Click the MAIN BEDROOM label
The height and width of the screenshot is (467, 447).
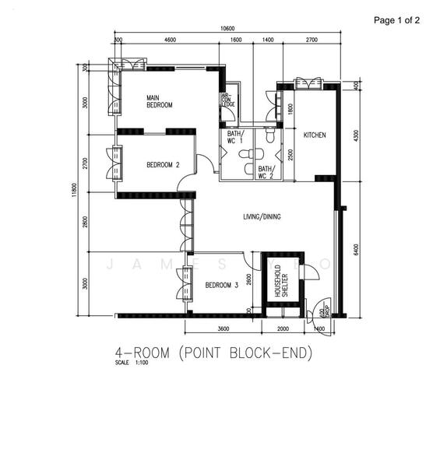pyautogui.click(x=159, y=100)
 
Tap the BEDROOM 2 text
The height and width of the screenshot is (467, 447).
pyautogui.click(x=163, y=165)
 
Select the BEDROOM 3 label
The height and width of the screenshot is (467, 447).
pyautogui.click(x=221, y=286)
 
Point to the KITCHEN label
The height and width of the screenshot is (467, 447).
pyautogui.click(x=315, y=135)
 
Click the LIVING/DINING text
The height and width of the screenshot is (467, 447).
pyautogui.click(x=262, y=216)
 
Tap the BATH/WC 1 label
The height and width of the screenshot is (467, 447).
pyautogui.click(x=235, y=138)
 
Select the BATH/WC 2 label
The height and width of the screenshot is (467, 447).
pyautogui.click(x=266, y=171)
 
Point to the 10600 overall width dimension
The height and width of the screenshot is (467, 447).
pyautogui.click(x=227, y=29)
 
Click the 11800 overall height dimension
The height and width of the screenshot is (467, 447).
pyautogui.click(x=73, y=190)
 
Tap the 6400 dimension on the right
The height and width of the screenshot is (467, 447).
pyautogui.click(x=355, y=249)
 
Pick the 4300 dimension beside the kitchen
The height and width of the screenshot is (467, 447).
pyautogui.click(x=355, y=134)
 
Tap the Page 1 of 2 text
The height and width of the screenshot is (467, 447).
pyautogui.click(x=396, y=20)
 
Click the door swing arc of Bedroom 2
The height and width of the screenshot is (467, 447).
pyautogui.click(x=206, y=163)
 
